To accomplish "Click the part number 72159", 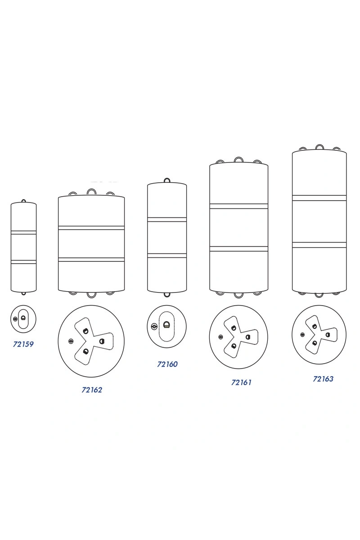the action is [x=23, y=344].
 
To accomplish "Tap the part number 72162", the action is [x=92, y=390].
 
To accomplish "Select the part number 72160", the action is [x=167, y=364].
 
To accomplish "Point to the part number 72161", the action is [x=241, y=382].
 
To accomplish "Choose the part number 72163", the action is [x=323, y=379].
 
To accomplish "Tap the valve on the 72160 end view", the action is [x=153, y=327].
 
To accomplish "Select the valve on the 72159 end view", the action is [x=15, y=319].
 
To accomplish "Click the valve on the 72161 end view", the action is [x=220, y=337].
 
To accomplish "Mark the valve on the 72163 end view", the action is [x=302, y=335].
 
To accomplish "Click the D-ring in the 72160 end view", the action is [x=166, y=325].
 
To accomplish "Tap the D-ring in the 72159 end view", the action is [x=23, y=318].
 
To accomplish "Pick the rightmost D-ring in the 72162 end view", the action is [x=102, y=341].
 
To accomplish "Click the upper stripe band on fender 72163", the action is [x=319, y=198].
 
